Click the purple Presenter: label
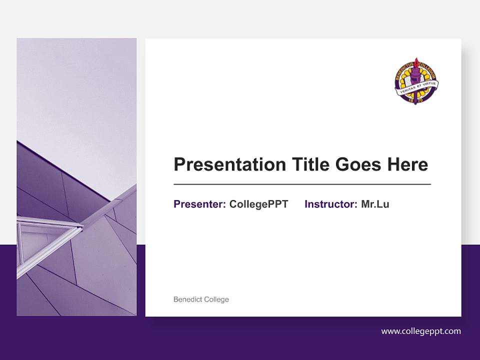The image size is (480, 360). coord(199,204)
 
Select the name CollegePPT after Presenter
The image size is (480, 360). coord(258,204)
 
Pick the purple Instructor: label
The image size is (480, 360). coord(330,204)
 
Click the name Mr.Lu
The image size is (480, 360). coord(375,204)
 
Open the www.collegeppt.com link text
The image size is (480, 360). coord(421,331)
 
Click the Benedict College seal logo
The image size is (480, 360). coord(416,81)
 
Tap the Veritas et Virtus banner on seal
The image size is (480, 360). coord(417,85)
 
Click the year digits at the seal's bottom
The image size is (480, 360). coord(416,100)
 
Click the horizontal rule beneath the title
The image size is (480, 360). coord(302,184)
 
